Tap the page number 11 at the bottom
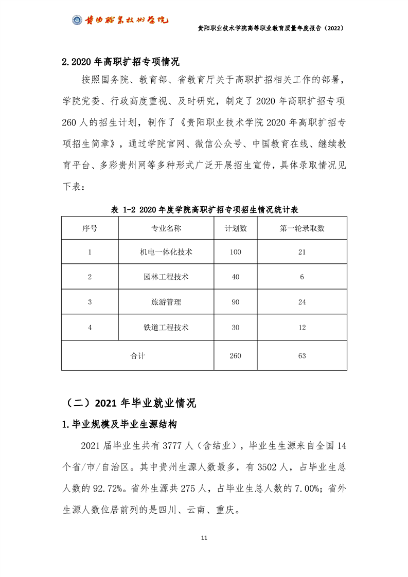coord(204,537)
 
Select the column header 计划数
coord(236,228)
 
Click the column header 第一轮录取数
coord(302,228)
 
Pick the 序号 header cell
coord(90,228)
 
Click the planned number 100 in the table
coord(236,252)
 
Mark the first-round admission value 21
coord(302,252)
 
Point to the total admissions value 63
coord(302,356)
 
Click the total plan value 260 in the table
coord(236,356)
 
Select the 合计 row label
coord(138,356)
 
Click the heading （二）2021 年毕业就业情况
coord(129,403)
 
